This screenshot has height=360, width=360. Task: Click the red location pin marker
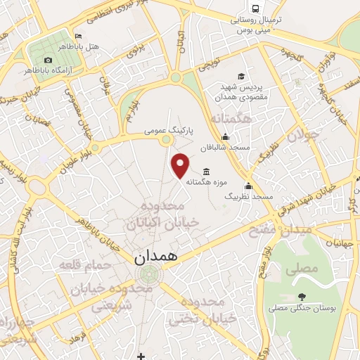click(x=181, y=166)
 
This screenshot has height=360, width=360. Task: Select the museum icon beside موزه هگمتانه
click(x=206, y=171)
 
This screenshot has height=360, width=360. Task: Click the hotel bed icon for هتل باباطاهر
click(x=78, y=36)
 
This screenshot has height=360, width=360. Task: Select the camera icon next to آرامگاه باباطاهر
click(x=48, y=60)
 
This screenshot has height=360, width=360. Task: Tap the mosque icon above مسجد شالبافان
click(x=224, y=137)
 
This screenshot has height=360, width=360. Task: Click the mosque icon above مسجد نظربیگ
click(x=247, y=186)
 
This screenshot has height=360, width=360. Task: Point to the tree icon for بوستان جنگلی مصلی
click(x=302, y=296)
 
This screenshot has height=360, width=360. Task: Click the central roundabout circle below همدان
click(x=147, y=274)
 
